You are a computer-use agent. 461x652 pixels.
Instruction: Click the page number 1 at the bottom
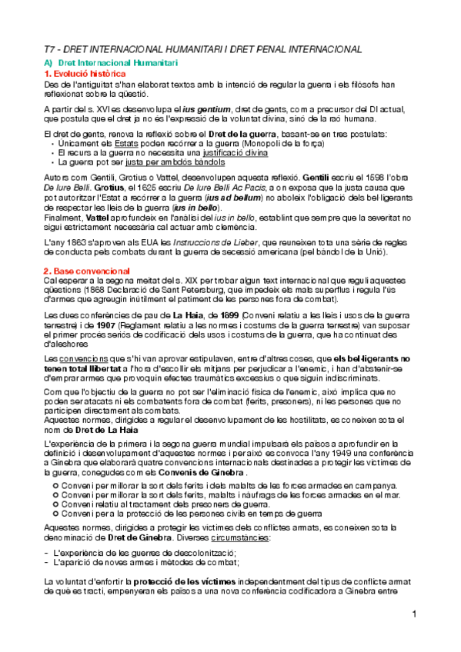(x=414, y=614)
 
